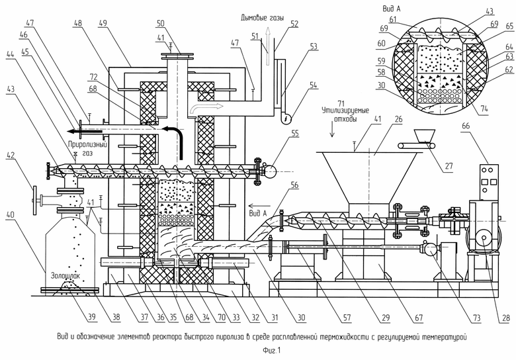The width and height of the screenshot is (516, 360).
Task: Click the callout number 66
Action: pos(466,126)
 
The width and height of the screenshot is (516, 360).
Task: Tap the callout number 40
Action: pos(11,215)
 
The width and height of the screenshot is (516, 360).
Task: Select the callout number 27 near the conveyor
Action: pos(449,166)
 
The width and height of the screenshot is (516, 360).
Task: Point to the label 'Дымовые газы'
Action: pos(262,18)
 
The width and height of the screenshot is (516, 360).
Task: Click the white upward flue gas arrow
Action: pos(268,46)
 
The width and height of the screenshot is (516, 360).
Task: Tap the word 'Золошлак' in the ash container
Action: pos(65,275)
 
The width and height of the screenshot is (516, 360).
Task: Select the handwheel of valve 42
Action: pos(34,199)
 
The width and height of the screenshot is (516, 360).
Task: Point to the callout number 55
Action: pos(294,134)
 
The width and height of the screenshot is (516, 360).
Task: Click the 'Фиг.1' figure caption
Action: pos(272,351)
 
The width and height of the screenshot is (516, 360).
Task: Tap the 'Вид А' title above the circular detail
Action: pos(391,9)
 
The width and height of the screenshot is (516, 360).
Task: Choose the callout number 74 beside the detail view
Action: pos(484,109)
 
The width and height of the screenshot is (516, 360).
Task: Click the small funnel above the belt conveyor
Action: pos(425,136)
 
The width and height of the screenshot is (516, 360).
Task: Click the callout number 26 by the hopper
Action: pos(398,119)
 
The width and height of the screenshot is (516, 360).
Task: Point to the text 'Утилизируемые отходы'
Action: pos(345,114)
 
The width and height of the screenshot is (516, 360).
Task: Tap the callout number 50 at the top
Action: pos(161,23)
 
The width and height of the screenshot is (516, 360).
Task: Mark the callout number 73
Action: pos(476,318)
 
